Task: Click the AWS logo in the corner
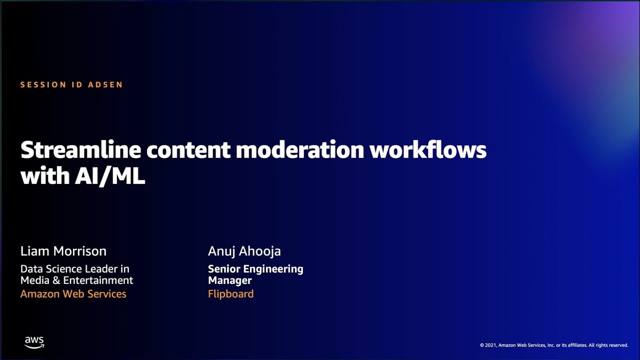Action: click(34, 342)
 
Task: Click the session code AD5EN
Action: click(105, 85)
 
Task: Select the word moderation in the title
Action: click(300, 150)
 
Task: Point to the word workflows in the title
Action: click(428, 150)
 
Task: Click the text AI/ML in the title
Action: click(110, 176)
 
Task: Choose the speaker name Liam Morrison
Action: click(63, 251)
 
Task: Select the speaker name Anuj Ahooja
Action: click(244, 251)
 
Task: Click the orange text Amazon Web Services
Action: click(73, 294)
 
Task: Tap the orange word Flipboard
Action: click(230, 294)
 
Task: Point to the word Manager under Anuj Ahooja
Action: click(229, 280)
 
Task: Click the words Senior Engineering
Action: click(255, 269)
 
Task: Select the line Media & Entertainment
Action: click(76, 280)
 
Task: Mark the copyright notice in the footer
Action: click(553, 345)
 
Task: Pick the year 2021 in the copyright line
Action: click(490, 345)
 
